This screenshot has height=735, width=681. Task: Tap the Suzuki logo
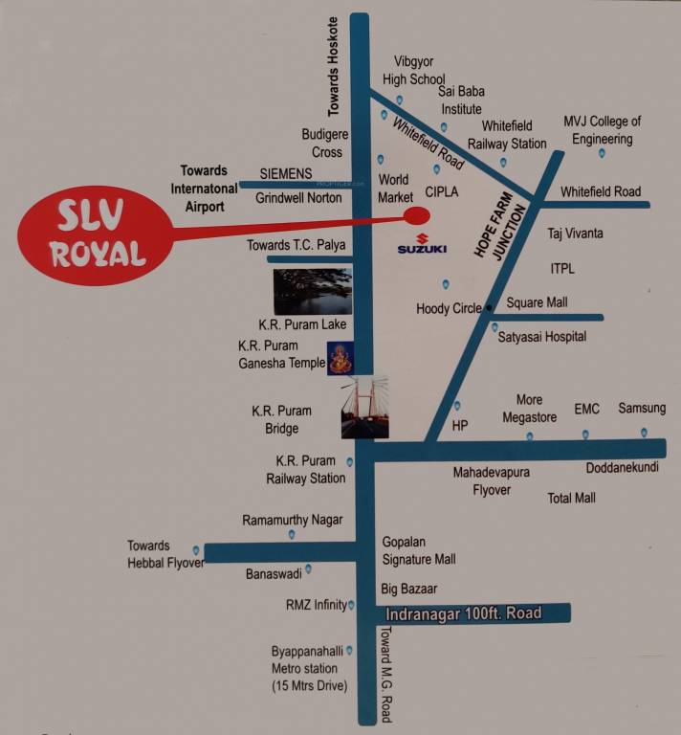coord(422,244)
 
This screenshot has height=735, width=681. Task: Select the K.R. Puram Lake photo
coord(312,292)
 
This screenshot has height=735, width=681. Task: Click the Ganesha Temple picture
coord(340,359)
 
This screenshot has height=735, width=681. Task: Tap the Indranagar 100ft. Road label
coord(463,613)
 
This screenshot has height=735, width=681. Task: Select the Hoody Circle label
coord(449,309)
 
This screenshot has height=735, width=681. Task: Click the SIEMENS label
coord(286,173)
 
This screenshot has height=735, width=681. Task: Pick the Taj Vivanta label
coord(575,233)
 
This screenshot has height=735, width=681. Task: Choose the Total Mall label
coord(572,498)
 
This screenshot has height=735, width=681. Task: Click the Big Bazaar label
coord(408,590)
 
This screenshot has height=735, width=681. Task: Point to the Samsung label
coord(641,408)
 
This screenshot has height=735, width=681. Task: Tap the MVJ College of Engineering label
coord(602,130)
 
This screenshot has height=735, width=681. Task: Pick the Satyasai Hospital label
coord(542,337)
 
